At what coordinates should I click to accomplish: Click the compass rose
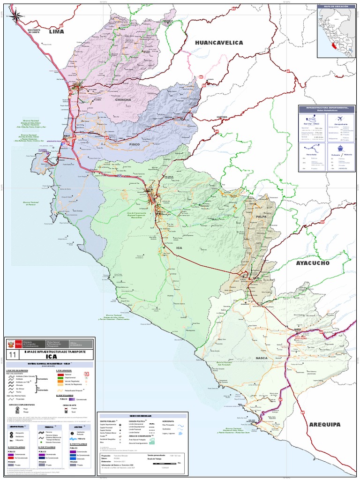[15, 17]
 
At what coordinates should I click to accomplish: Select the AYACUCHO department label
[313, 263]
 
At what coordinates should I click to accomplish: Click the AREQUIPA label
[324, 425]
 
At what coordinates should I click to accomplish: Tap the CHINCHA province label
[123, 100]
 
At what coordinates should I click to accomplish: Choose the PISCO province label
[135, 145]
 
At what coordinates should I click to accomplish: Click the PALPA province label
[261, 217]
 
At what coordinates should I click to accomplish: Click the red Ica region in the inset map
[333, 47]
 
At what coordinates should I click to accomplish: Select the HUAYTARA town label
[222, 116]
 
